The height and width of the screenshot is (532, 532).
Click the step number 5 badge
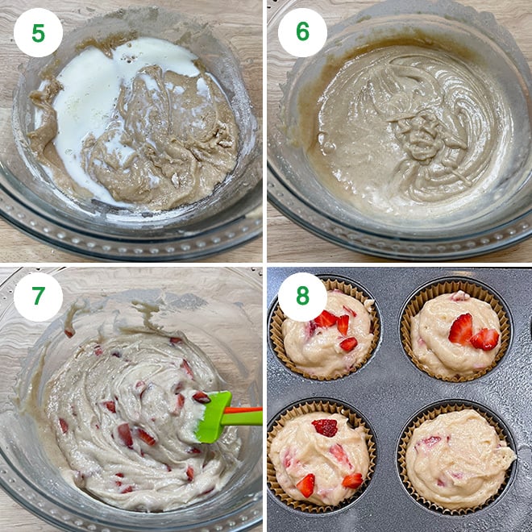[38, 32]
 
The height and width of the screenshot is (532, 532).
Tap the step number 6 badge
[302, 32]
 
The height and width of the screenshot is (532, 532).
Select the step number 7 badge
[38, 297]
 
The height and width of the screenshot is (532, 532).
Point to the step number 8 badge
[302, 297]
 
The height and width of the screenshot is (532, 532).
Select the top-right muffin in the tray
[455, 332]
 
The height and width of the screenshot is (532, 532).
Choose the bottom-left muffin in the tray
[320, 455]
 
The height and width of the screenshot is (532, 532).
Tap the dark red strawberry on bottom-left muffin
[326, 427]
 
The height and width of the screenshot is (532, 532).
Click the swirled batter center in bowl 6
[415, 129]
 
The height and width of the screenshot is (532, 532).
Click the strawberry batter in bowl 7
[129, 403]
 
